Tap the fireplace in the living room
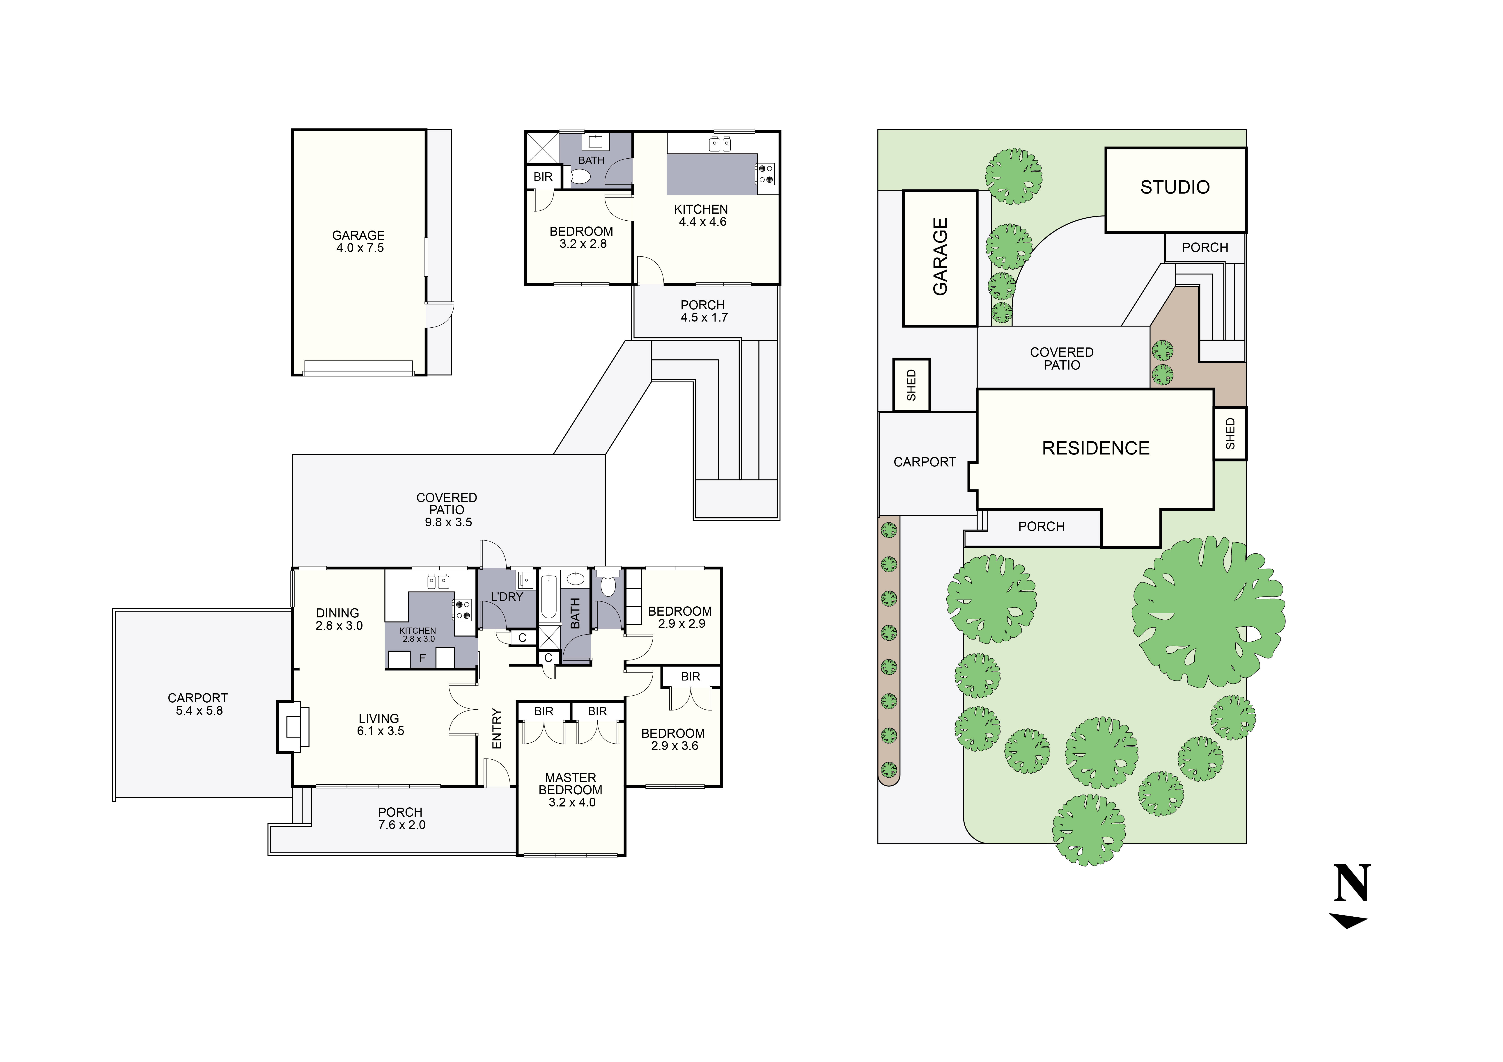pyautogui.click(x=293, y=726)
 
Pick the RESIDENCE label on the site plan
pyautogui.click(x=1095, y=448)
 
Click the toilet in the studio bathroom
pyautogui.click(x=581, y=177)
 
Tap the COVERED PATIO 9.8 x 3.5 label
pyautogui.click(x=447, y=510)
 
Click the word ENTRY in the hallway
pyautogui.click(x=497, y=728)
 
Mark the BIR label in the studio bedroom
pyautogui.click(x=543, y=177)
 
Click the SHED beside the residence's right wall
pyautogui.click(x=1230, y=433)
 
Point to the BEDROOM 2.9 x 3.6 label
pyautogui.click(x=673, y=739)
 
